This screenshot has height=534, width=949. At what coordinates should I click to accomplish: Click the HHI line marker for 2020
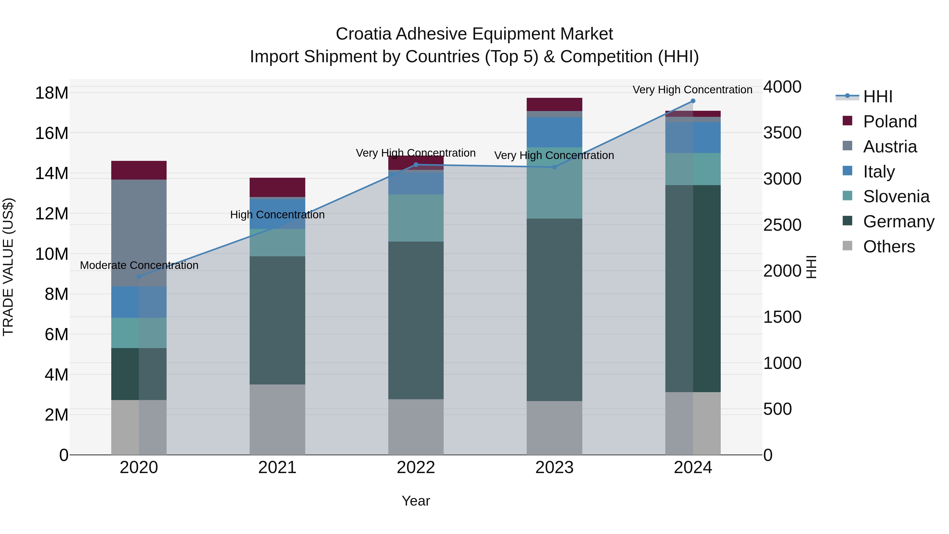(x=139, y=276)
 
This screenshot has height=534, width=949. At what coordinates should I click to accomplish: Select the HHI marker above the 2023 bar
(x=554, y=167)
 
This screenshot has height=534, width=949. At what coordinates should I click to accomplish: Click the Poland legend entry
(x=890, y=122)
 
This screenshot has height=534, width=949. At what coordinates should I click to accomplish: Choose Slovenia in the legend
(x=896, y=196)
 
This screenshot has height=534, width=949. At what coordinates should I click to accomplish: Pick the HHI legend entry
(x=878, y=97)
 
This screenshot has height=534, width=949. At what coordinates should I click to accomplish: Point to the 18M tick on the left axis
(x=52, y=93)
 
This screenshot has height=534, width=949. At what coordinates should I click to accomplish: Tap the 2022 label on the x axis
(x=416, y=468)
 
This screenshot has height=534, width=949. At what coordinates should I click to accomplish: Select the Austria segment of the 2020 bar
(x=139, y=233)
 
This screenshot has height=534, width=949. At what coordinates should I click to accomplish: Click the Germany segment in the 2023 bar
(x=554, y=310)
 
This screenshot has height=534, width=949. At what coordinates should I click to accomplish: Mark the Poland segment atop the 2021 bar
(x=277, y=187)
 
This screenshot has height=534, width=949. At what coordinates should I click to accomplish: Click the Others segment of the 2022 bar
(x=416, y=427)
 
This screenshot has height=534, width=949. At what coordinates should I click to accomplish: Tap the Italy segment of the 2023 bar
(x=554, y=132)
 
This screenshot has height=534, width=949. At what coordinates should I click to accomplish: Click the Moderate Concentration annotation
(x=139, y=265)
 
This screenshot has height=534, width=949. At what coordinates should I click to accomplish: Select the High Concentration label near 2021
(x=277, y=215)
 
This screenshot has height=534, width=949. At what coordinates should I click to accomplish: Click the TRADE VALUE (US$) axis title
(x=8, y=267)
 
